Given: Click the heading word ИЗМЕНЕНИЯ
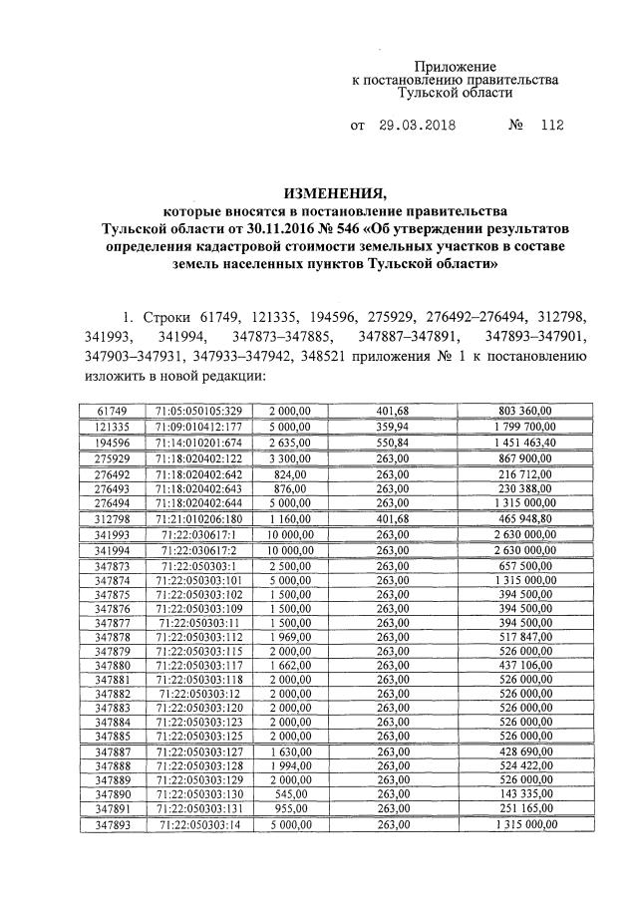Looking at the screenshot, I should tap(319, 192).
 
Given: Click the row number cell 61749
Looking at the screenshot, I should tap(112, 410).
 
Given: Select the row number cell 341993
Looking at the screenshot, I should tap(112, 536).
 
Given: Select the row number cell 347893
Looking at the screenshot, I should tap(112, 825).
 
